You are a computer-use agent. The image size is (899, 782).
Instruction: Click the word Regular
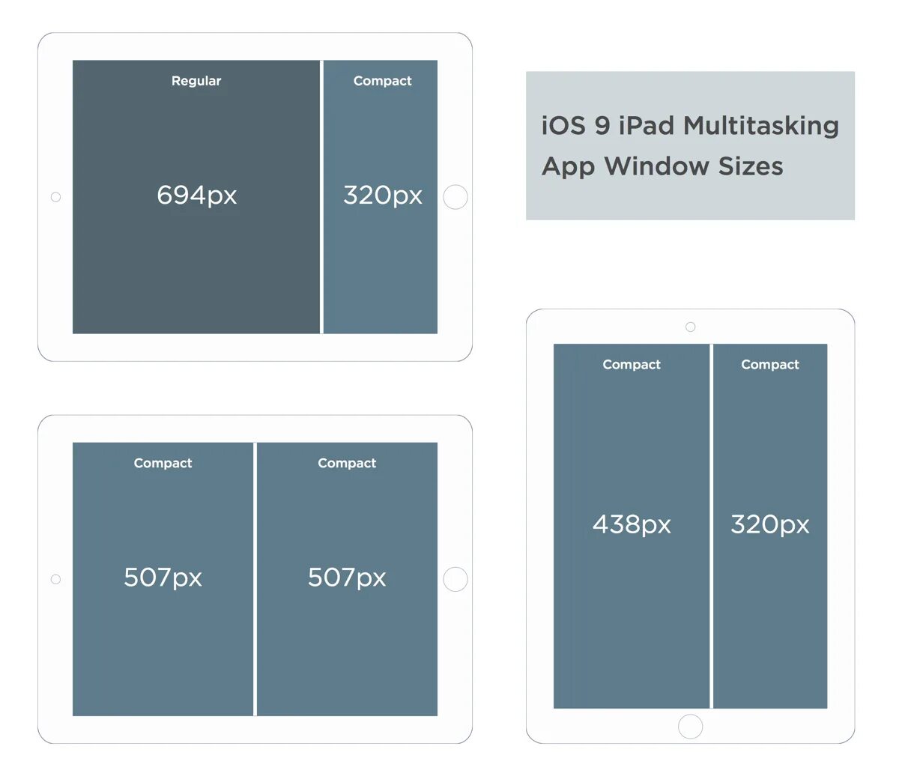coord(196,81)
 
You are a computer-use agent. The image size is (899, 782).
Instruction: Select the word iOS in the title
coord(563,126)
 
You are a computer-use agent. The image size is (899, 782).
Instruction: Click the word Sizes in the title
coord(750,166)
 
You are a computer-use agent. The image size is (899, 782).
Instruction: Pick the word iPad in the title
coord(647,126)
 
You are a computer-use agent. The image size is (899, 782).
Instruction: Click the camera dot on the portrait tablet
coord(691,327)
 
